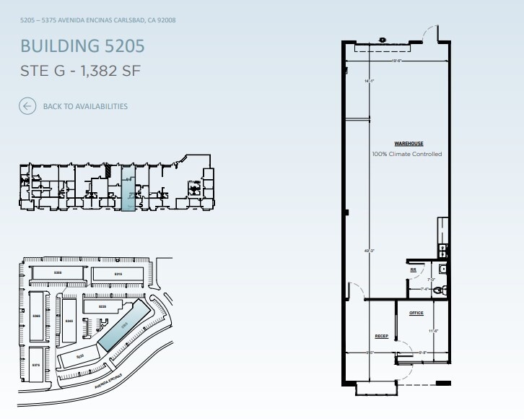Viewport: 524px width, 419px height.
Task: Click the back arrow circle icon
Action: point(27,106)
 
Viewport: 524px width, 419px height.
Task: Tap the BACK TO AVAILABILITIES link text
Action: point(85,106)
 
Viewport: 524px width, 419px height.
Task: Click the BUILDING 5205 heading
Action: point(82,46)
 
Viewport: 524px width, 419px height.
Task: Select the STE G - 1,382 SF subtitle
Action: point(80,71)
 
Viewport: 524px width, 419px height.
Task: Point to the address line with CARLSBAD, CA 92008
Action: point(98,20)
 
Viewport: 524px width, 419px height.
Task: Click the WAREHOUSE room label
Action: point(408,144)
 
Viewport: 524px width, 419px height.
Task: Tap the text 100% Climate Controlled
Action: point(406,154)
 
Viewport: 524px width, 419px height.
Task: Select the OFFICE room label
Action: point(416,314)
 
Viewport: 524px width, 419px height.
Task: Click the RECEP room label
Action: point(381,337)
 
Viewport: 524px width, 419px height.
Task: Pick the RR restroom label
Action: point(414,270)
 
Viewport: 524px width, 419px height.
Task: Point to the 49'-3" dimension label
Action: point(370,251)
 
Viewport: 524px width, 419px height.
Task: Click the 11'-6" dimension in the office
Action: point(434,331)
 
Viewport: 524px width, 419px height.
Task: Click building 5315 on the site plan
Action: point(118,275)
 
